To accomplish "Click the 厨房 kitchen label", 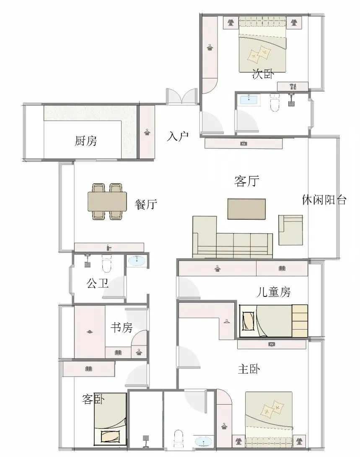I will click(x=86, y=141).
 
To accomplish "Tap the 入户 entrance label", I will click(x=178, y=136).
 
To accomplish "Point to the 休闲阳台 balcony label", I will click(x=324, y=200).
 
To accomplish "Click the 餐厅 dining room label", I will click(x=146, y=205).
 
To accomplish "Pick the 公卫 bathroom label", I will click(x=98, y=283).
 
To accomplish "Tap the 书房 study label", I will click(x=122, y=327).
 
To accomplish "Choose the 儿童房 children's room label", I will click(x=274, y=292).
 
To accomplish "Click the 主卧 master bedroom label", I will click(x=249, y=369).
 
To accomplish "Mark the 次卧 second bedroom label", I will click(x=263, y=75).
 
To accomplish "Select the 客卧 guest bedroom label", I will click(x=93, y=399).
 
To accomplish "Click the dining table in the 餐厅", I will click(x=107, y=202).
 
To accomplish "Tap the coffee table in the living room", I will click(x=246, y=208).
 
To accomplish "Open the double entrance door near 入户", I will click(x=181, y=96).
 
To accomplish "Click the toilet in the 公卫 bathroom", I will click(x=107, y=264).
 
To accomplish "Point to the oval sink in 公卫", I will click(x=137, y=261).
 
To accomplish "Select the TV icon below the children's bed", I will click(x=272, y=345).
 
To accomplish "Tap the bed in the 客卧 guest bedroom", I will click(x=110, y=419).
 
